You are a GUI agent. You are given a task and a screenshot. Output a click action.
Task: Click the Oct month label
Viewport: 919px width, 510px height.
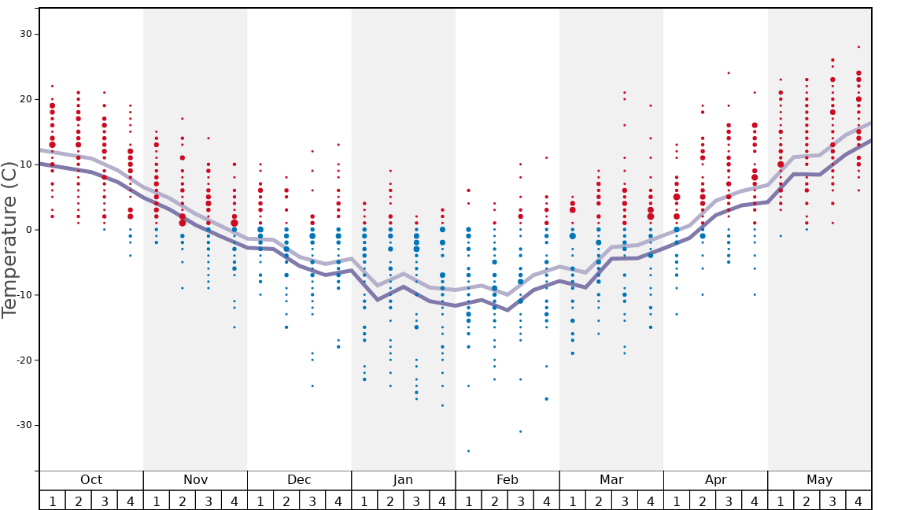(x=91, y=480)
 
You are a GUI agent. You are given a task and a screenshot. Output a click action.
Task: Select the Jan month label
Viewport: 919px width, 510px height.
(x=403, y=480)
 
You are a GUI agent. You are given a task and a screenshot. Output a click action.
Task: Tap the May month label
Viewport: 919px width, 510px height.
(x=819, y=480)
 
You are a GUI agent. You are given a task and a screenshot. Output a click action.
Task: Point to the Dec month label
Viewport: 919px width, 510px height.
(x=299, y=480)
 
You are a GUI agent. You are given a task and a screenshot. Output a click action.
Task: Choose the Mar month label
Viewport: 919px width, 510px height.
(x=611, y=480)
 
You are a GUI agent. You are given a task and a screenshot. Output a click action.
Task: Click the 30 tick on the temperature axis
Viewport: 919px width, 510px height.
(x=26, y=34)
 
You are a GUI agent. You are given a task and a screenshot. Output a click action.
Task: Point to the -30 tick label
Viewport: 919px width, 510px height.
(x=24, y=425)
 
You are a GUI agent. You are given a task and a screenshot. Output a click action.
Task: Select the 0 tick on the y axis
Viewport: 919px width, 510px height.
(x=28, y=230)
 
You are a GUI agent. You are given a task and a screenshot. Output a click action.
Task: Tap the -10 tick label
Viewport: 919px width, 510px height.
(x=24, y=295)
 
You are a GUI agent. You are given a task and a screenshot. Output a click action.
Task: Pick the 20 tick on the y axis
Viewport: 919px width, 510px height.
(x=26, y=99)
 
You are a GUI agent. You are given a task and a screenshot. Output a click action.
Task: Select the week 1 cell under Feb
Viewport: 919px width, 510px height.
(x=468, y=501)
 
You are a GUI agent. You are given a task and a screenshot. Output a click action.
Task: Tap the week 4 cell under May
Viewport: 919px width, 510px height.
(x=858, y=501)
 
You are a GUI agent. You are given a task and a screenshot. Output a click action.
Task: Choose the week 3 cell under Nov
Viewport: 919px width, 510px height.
(x=209, y=501)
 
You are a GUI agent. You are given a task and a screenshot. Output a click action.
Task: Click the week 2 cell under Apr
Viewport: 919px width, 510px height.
(x=703, y=501)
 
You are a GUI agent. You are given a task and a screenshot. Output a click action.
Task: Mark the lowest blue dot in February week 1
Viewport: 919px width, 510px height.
(x=468, y=451)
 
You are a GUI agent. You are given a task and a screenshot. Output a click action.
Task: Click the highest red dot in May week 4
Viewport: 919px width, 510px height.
(x=858, y=47)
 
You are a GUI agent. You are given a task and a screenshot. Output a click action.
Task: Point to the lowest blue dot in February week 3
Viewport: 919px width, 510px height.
(x=520, y=431)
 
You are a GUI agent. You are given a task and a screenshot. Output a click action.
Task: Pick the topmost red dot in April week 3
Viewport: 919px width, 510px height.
(x=729, y=73)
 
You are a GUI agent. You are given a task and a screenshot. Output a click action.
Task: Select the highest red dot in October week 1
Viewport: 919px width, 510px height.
(x=52, y=86)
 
